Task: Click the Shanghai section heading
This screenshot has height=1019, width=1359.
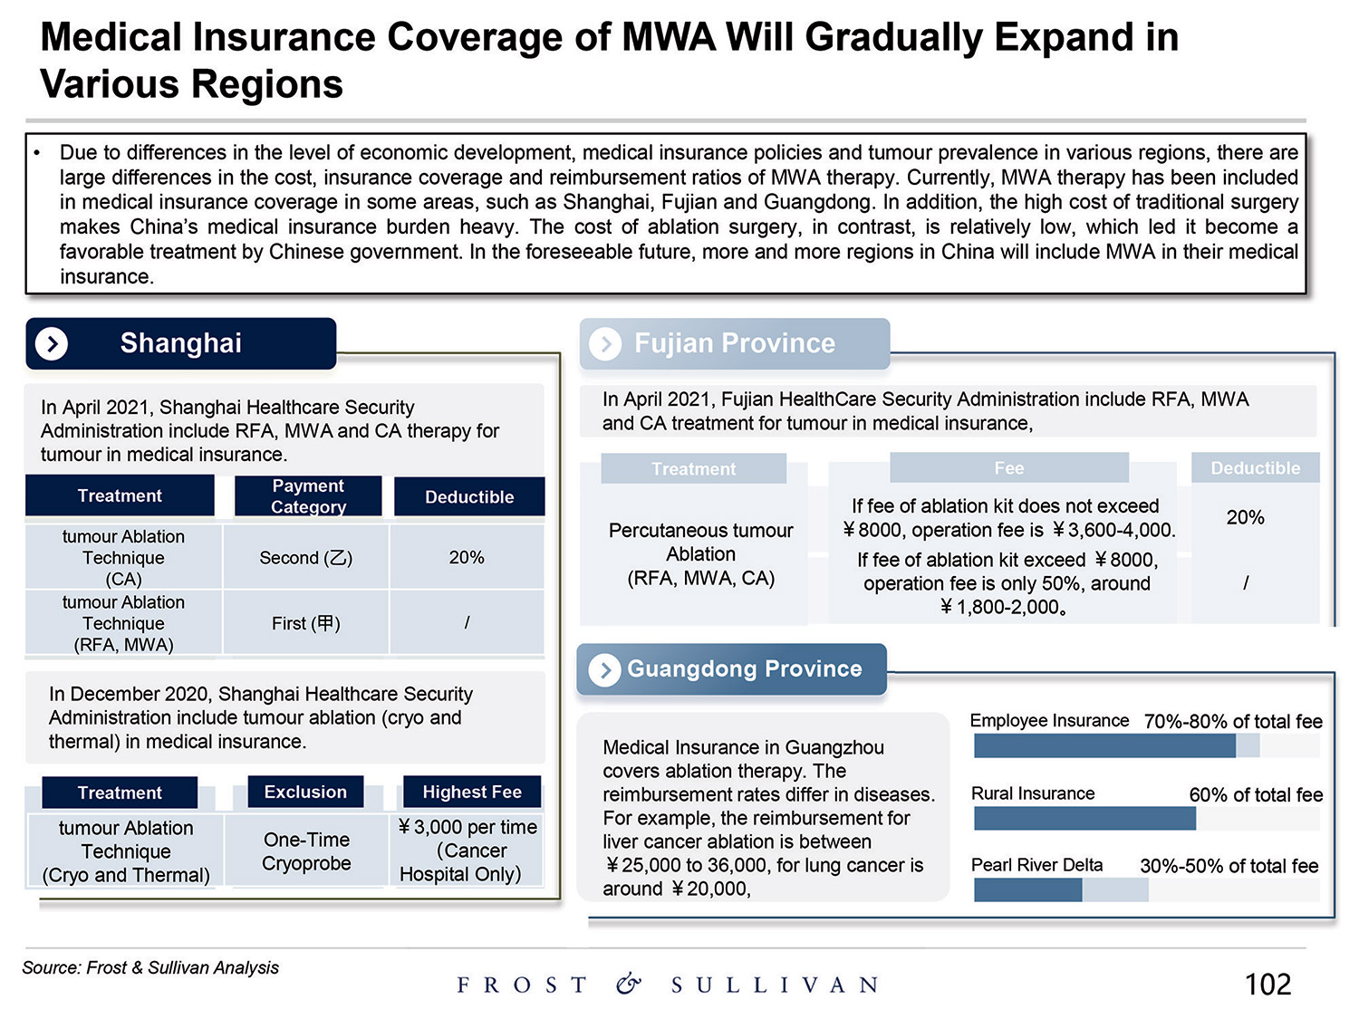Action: pos(180,343)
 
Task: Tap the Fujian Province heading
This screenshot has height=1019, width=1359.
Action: pos(734,343)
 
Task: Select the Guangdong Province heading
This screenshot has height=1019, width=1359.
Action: pos(744,668)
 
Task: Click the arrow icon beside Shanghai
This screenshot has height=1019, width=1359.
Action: pos(52,344)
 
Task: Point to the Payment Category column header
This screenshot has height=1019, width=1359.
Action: pos(308,496)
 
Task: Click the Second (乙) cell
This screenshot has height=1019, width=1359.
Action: pos(306,558)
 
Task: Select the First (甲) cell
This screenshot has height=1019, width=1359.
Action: pos(306,623)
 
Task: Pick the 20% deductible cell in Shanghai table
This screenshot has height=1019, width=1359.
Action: pos(467,558)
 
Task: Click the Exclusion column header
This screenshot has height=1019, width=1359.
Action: pos(305,792)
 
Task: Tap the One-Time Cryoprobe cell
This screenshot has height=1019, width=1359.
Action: pos(306,851)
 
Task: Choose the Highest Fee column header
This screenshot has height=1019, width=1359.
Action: pos(471,792)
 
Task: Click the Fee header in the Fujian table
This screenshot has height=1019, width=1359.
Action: pos(1008,468)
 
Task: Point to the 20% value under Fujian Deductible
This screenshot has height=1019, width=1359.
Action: pos(1245,517)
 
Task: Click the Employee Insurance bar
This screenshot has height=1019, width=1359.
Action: pos(1104,745)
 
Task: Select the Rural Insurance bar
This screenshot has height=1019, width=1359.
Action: pos(1084,818)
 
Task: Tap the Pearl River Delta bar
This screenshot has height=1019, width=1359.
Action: pos(1028,889)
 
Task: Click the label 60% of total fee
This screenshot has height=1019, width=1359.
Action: pos(1256,794)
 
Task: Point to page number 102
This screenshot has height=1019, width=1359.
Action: pos(1267,984)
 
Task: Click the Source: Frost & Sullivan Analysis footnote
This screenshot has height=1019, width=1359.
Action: pos(150,967)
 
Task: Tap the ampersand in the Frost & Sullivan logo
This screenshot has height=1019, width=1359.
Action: pos(629,984)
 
